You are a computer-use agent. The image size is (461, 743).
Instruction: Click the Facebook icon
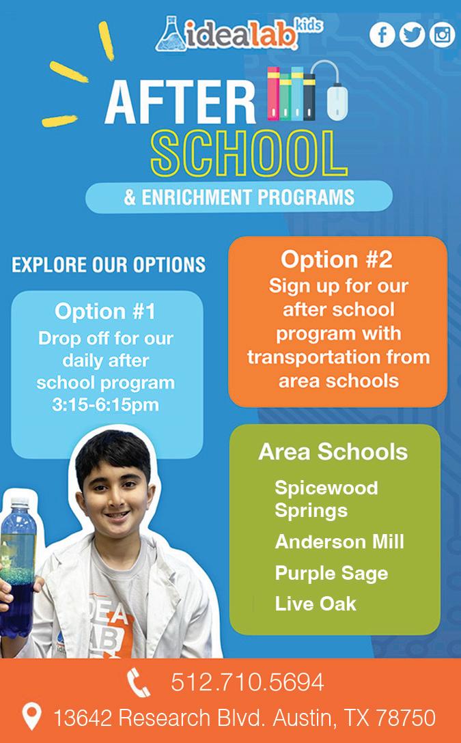(382, 35)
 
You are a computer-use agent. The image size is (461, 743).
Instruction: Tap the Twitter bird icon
(412, 35)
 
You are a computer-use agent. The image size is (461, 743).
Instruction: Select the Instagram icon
(442, 35)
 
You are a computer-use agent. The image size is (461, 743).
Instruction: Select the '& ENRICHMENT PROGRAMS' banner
(239, 197)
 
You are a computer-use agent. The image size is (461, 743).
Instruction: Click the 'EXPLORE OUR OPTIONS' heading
(109, 264)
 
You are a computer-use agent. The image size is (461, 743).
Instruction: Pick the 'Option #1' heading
(105, 312)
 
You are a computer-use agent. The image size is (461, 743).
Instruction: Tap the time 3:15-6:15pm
(105, 404)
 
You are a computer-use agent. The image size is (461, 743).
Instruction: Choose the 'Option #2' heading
(337, 260)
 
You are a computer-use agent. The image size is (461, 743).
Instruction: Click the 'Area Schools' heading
(333, 452)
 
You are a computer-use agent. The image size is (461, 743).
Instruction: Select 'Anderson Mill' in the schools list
(339, 542)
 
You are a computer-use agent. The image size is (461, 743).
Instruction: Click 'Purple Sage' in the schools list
(331, 573)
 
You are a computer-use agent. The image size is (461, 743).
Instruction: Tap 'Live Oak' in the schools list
(316, 604)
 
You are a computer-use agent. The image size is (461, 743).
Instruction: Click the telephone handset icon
(139, 683)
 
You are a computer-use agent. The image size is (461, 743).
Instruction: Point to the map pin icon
(31, 717)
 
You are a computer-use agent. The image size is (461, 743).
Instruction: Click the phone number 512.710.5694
(247, 682)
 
